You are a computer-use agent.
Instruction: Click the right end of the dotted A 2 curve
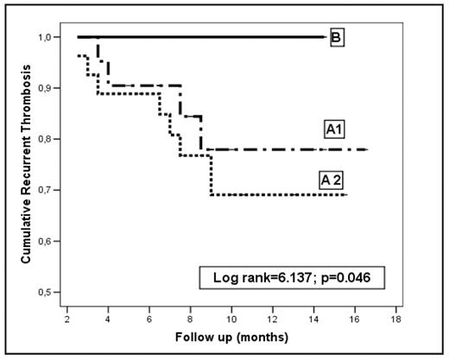347,195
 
